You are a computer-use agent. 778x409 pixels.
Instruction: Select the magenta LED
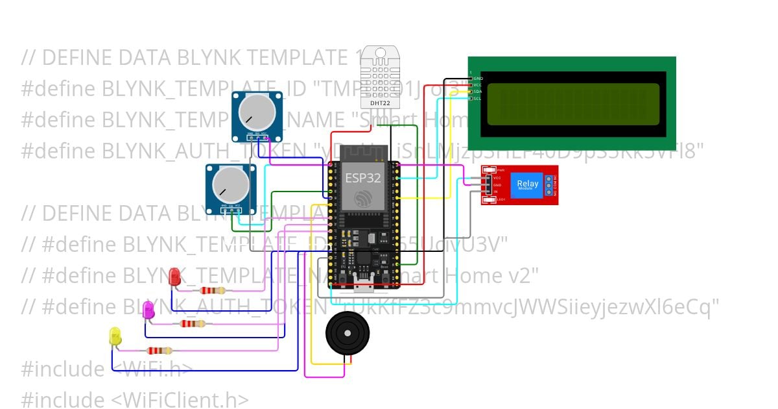pos(148,310)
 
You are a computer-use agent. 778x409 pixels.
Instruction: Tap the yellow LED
pos(115,336)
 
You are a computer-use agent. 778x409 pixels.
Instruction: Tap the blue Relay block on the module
pos(528,184)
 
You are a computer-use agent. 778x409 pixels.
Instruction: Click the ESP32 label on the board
pos(362,177)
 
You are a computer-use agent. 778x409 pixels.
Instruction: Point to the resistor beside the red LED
pos(213,291)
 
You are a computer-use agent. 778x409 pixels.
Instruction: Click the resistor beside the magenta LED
pos(192,323)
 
